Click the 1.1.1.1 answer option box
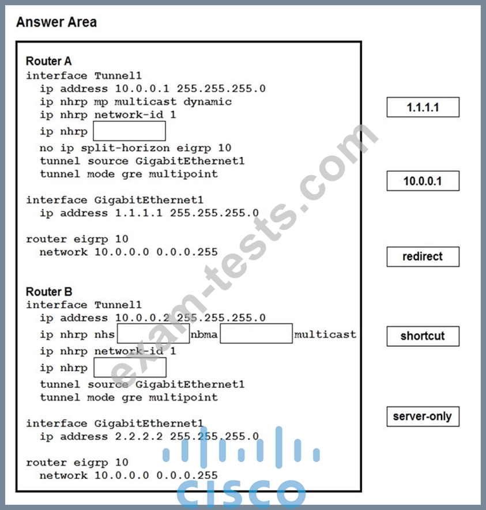pyautogui.click(x=423, y=107)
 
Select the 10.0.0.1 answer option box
pyautogui.click(x=423, y=181)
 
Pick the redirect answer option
pyautogui.click(x=423, y=256)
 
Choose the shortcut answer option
pyautogui.click(x=423, y=336)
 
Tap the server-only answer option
pyautogui.click(x=423, y=416)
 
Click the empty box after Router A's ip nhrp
pyautogui.click(x=130, y=131)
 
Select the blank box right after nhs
pyautogui.click(x=153, y=334)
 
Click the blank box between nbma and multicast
pyautogui.click(x=257, y=334)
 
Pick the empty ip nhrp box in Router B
pyautogui.click(x=130, y=368)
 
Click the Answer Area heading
pyautogui.click(x=56, y=22)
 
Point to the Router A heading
pyautogui.click(x=48, y=61)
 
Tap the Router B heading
pyautogui.click(x=49, y=292)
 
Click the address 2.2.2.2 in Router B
pyautogui.click(x=139, y=436)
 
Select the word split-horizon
pyautogui.click(x=125, y=148)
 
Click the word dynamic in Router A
pyautogui.click(x=208, y=102)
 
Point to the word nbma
pyautogui.click(x=204, y=334)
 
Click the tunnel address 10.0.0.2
pyautogui.click(x=142, y=318)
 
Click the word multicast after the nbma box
pyautogui.click(x=325, y=334)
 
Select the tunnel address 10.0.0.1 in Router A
pyautogui.click(x=142, y=89)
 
